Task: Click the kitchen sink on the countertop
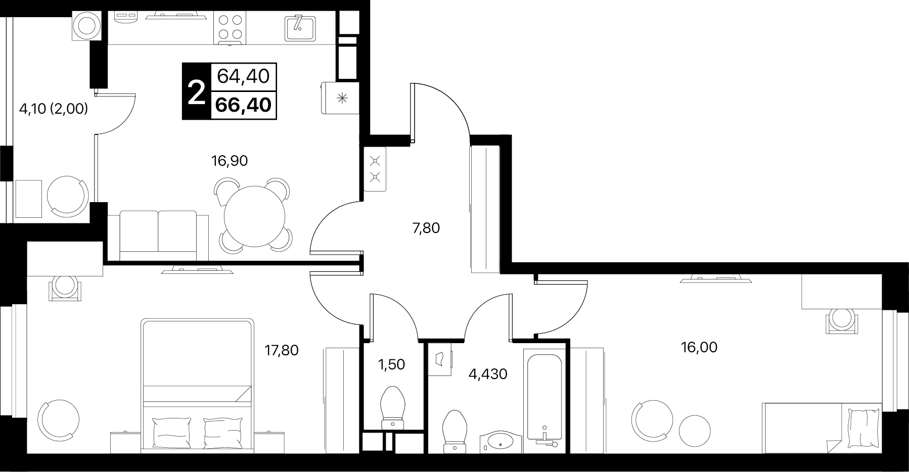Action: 300,28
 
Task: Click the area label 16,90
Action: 229,161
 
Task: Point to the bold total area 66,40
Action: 244,105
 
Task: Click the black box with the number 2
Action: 196,91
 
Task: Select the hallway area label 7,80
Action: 426,228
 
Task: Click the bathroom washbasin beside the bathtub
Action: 500,441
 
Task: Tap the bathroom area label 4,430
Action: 488,374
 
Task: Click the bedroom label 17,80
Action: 282,350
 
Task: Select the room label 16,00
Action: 699,348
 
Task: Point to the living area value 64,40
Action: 244,77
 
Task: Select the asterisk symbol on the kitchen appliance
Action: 342,98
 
